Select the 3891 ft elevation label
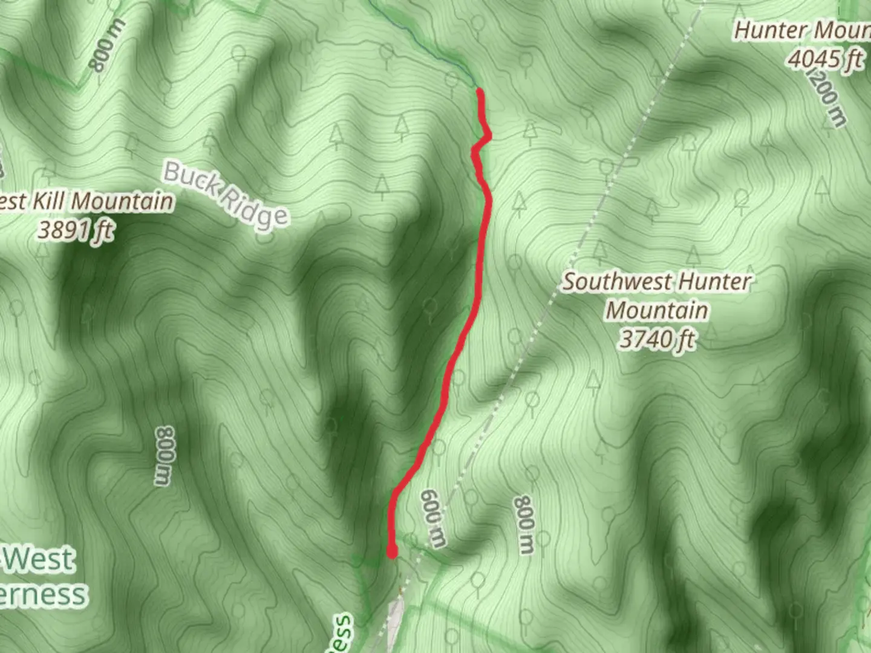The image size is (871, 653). click(76, 230)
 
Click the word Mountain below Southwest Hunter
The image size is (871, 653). click(657, 311)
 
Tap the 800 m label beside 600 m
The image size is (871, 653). click(524, 525)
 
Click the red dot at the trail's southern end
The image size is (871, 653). click(392, 551)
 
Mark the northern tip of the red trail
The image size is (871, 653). click(480, 91)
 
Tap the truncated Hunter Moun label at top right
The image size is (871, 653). click(802, 30)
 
